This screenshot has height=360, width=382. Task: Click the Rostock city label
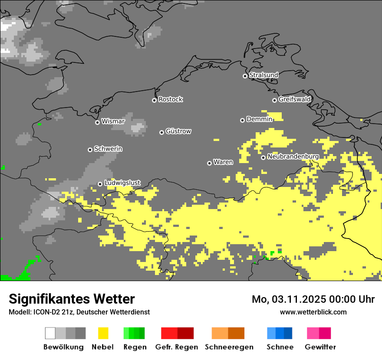170,99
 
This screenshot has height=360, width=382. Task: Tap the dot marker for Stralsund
245,76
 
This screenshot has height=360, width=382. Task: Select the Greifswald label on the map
294,99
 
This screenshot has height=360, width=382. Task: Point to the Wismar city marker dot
97,122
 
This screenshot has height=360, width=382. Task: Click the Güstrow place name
178,131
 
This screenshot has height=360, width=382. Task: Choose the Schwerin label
108,149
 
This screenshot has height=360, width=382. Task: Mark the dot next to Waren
209,163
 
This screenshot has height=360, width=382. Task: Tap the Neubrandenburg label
293,157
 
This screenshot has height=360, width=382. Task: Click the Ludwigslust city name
122,183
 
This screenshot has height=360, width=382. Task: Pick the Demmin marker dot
242,120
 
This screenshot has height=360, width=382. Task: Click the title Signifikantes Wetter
72,299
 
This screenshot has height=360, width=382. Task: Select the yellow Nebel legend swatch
103,333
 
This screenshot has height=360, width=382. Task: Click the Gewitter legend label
320,347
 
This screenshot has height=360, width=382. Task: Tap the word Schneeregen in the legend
229,347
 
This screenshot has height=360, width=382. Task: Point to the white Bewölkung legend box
50,333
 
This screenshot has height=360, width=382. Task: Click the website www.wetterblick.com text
313,312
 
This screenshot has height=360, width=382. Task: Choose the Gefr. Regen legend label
176,347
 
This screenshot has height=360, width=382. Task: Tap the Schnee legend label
280,347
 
